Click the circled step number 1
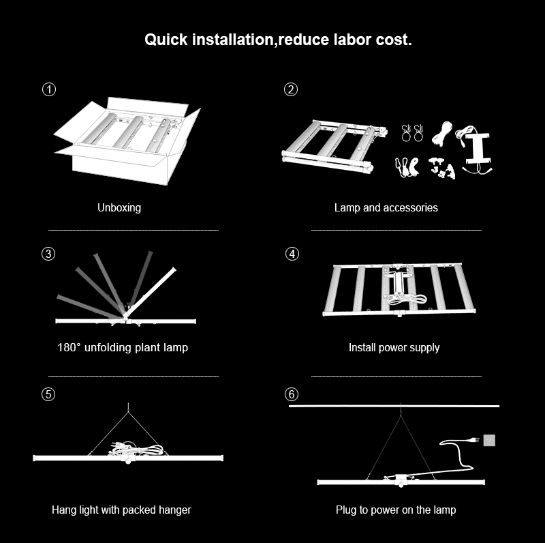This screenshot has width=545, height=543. (x=49, y=89)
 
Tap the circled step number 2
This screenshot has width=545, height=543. (x=291, y=89)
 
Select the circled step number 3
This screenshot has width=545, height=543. (x=48, y=254)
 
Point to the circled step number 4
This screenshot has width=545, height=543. (x=292, y=254)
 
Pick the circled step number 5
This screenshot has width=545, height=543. (x=48, y=394)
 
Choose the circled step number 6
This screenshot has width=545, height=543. (x=292, y=394)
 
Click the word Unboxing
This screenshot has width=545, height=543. (x=119, y=207)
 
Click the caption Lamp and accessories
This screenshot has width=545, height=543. (x=386, y=207)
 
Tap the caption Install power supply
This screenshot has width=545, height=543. (x=394, y=347)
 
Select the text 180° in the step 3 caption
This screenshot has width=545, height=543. (x=69, y=347)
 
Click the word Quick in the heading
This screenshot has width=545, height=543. (x=164, y=40)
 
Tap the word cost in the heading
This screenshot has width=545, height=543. (x=394, y=40)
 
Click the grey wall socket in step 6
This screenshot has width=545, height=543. (x=488, y=440)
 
